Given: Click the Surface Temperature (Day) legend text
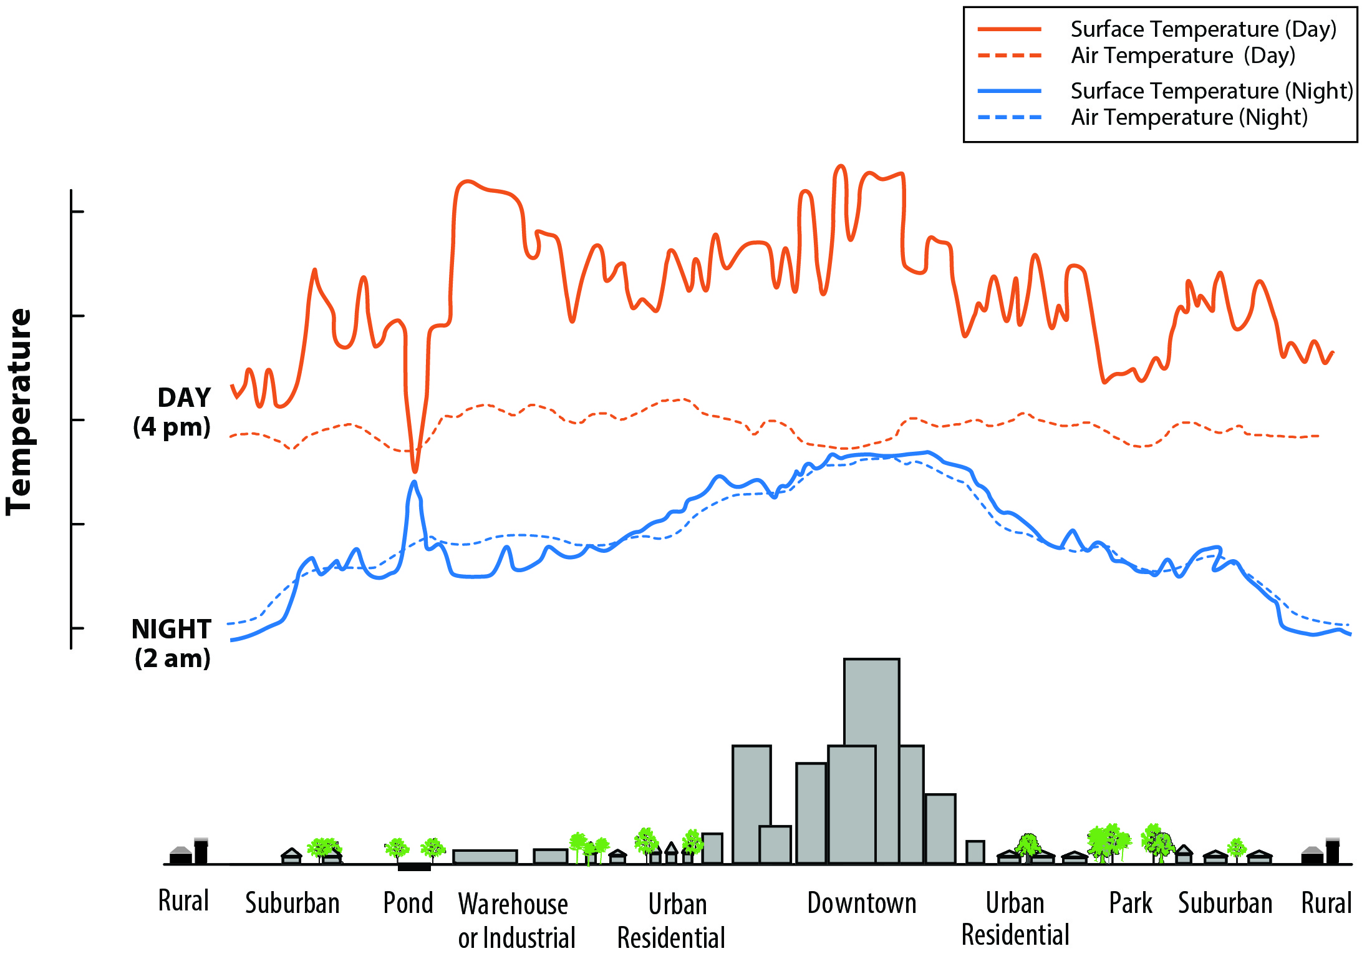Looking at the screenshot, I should (x=1203, y=29).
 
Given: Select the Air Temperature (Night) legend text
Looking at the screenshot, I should (x=1189, y=117).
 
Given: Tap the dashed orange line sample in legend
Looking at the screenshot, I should (x=1010, y=56).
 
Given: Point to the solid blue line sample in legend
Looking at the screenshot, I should (x=1010, y=91).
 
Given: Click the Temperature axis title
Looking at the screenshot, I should (x=19, y=412).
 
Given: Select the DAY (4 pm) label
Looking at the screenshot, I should (x=173, y=412).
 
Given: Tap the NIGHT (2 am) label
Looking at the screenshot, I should (x=172, y=643).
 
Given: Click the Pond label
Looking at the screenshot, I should (x=408, y=903).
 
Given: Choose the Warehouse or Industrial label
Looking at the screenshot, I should (x=516, y=920).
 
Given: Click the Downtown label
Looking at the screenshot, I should (x=862, y=903).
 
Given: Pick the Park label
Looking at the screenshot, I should (x=1130, y=903).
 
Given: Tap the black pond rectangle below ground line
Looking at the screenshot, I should (x=414, y=867).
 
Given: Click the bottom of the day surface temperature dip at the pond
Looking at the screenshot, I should (x=415, y=471).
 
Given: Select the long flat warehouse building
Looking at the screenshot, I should (x=485, y=857).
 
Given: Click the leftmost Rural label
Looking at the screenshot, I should (x=183, y=901).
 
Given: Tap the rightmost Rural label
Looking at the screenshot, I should (x=1326, y=903).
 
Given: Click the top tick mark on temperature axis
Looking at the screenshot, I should (x=77, y=212).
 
